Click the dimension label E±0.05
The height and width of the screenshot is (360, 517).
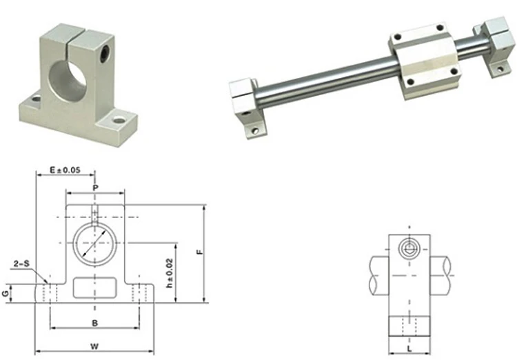pos(65,170)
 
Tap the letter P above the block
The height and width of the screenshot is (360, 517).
pos(95,188)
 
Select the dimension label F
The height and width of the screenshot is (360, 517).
pos(199,252)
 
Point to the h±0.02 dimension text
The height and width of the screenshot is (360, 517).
pos(170,273)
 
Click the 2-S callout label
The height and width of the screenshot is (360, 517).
pos(21,263)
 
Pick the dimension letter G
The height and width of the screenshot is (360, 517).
pos(6,293)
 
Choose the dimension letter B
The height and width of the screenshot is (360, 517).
pos(95,323)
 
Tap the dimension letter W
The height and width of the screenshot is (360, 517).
pos(94,346)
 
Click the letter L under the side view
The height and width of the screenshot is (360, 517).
pos(409,348)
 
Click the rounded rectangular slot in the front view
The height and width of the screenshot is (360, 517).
pos(94,288)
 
